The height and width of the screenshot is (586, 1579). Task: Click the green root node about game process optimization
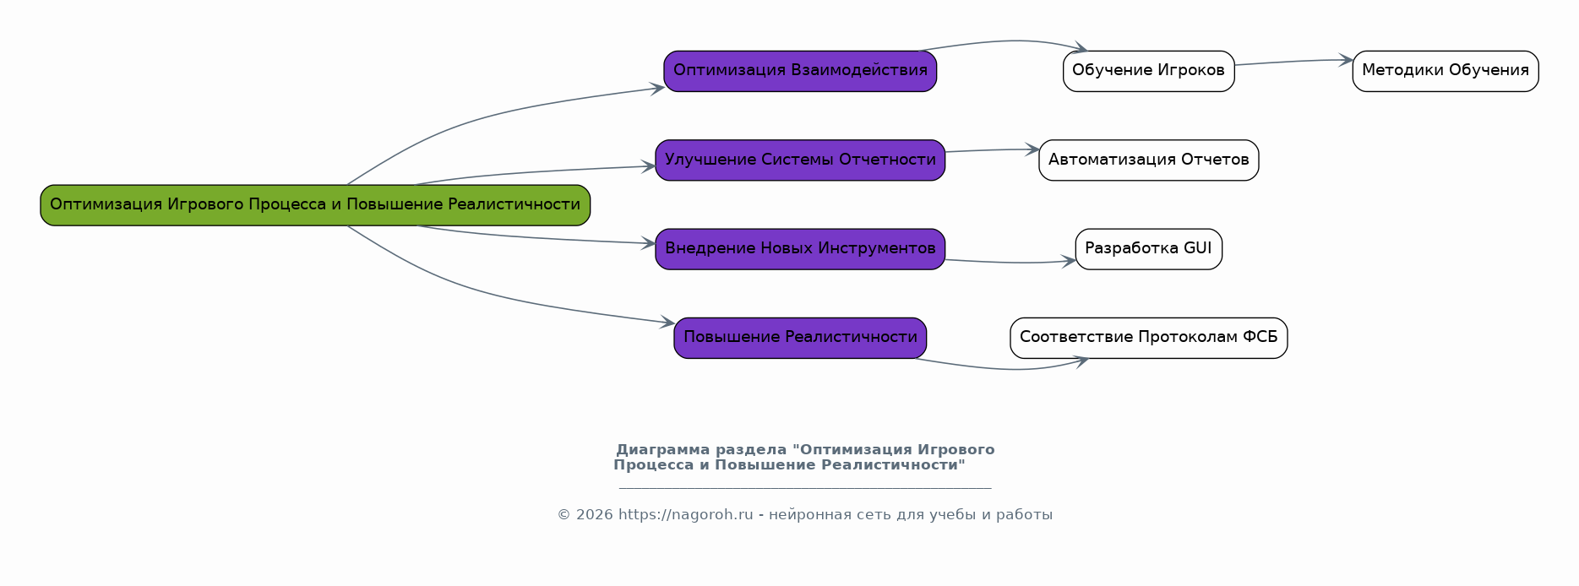coord(315,205)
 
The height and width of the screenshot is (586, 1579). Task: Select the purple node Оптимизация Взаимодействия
coord(800,71)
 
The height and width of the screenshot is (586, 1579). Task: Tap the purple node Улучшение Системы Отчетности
coord(800,160)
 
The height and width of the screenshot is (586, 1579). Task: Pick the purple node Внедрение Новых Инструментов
coord(800,249)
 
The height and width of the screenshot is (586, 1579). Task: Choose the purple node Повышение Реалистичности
coord(800,338)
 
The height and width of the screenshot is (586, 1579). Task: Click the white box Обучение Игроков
coord(1148,71)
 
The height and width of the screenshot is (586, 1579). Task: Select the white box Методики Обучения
coord(1445,71)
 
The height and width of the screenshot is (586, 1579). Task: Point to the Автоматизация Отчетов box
coord(1148,160)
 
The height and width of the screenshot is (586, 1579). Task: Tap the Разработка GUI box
coord(1148,249)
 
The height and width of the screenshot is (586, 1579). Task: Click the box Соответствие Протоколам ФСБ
coord(1148,338)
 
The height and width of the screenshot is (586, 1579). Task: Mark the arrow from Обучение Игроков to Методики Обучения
coord(1293,62)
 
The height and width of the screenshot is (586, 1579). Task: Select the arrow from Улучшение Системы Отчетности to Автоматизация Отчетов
coord(992,150)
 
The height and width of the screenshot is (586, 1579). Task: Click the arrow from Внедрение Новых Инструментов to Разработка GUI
coord(1010,263)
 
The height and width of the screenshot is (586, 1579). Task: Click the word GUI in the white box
coord(1197,248)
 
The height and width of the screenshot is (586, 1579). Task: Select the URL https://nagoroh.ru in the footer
coord(685,515)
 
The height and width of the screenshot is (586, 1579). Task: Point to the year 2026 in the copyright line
coord(594,515)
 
